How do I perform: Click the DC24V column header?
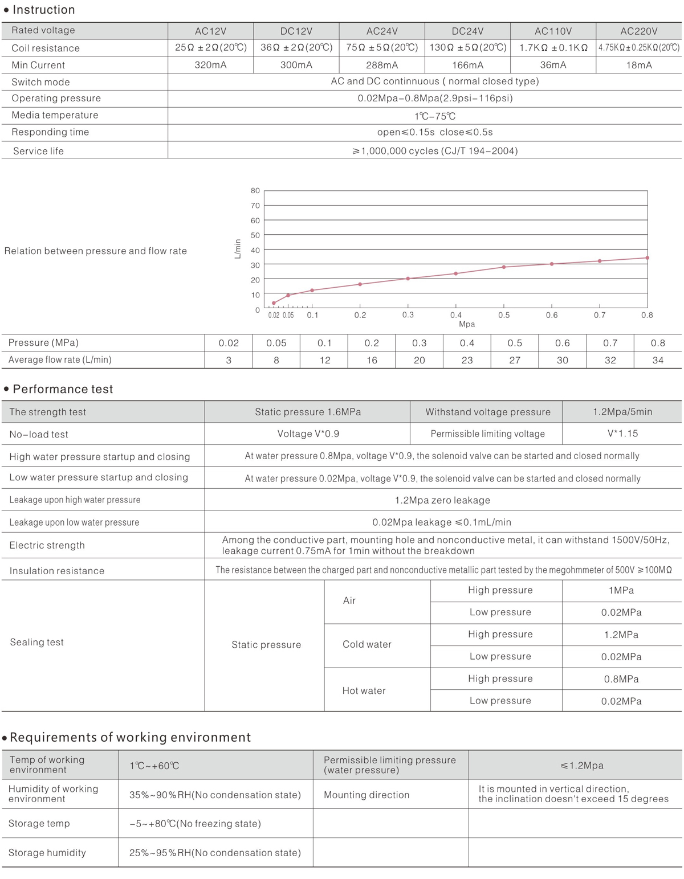(x=467, y=31)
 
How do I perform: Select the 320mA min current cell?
(x=210, y=65)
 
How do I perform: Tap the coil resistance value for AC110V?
(x=553, y=48)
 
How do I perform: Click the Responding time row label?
(x=50, y=132)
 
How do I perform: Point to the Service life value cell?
(x=435, y=151)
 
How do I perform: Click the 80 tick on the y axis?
(x=255, y=191)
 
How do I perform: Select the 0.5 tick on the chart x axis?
(x=504, y=315)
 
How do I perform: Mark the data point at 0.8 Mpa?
(x=648, y=258)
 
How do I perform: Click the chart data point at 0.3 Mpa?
(x=408, y=279)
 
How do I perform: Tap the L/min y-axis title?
(x=238, y=249)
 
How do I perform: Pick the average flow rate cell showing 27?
(x=515, y=360)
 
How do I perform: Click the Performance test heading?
(x=63, y=389)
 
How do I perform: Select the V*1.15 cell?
(x=622, y=434)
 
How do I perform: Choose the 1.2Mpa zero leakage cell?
(x=442, y=500)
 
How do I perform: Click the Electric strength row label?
(x=47, y=545)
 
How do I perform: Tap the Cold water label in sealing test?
(x=367, y=644)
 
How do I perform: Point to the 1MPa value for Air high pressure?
(x=621, y=591)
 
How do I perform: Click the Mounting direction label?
(x=367, y=795)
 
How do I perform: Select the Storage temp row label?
(x=39, y=823)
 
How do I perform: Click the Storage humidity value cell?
(x=215, y=853)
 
